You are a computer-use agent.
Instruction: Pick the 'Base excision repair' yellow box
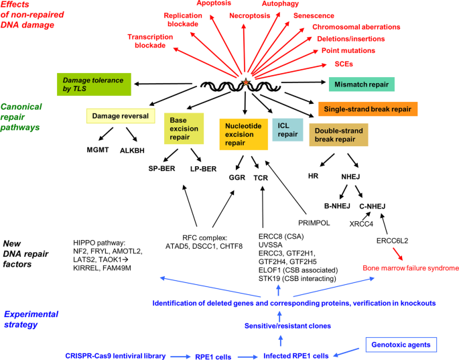184,129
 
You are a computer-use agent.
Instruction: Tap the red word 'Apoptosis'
212,4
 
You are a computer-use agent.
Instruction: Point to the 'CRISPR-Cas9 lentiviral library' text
115,355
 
